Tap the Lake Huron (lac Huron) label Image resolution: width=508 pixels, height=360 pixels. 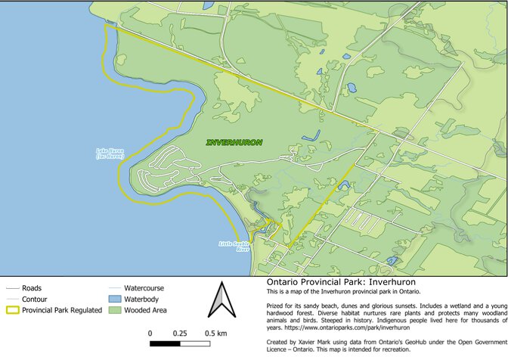pyautogui.click(x=110, y=154)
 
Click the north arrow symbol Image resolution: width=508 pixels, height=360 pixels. pyautogui.click(x=219, y=300)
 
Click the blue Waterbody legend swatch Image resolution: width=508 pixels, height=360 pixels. pyautogui.click(x=113, y=299)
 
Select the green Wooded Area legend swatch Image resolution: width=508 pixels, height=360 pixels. pyautogui.click(x=113, y=309)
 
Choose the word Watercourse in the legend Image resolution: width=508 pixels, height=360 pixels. pyautogui.click(x=144, y=288)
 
